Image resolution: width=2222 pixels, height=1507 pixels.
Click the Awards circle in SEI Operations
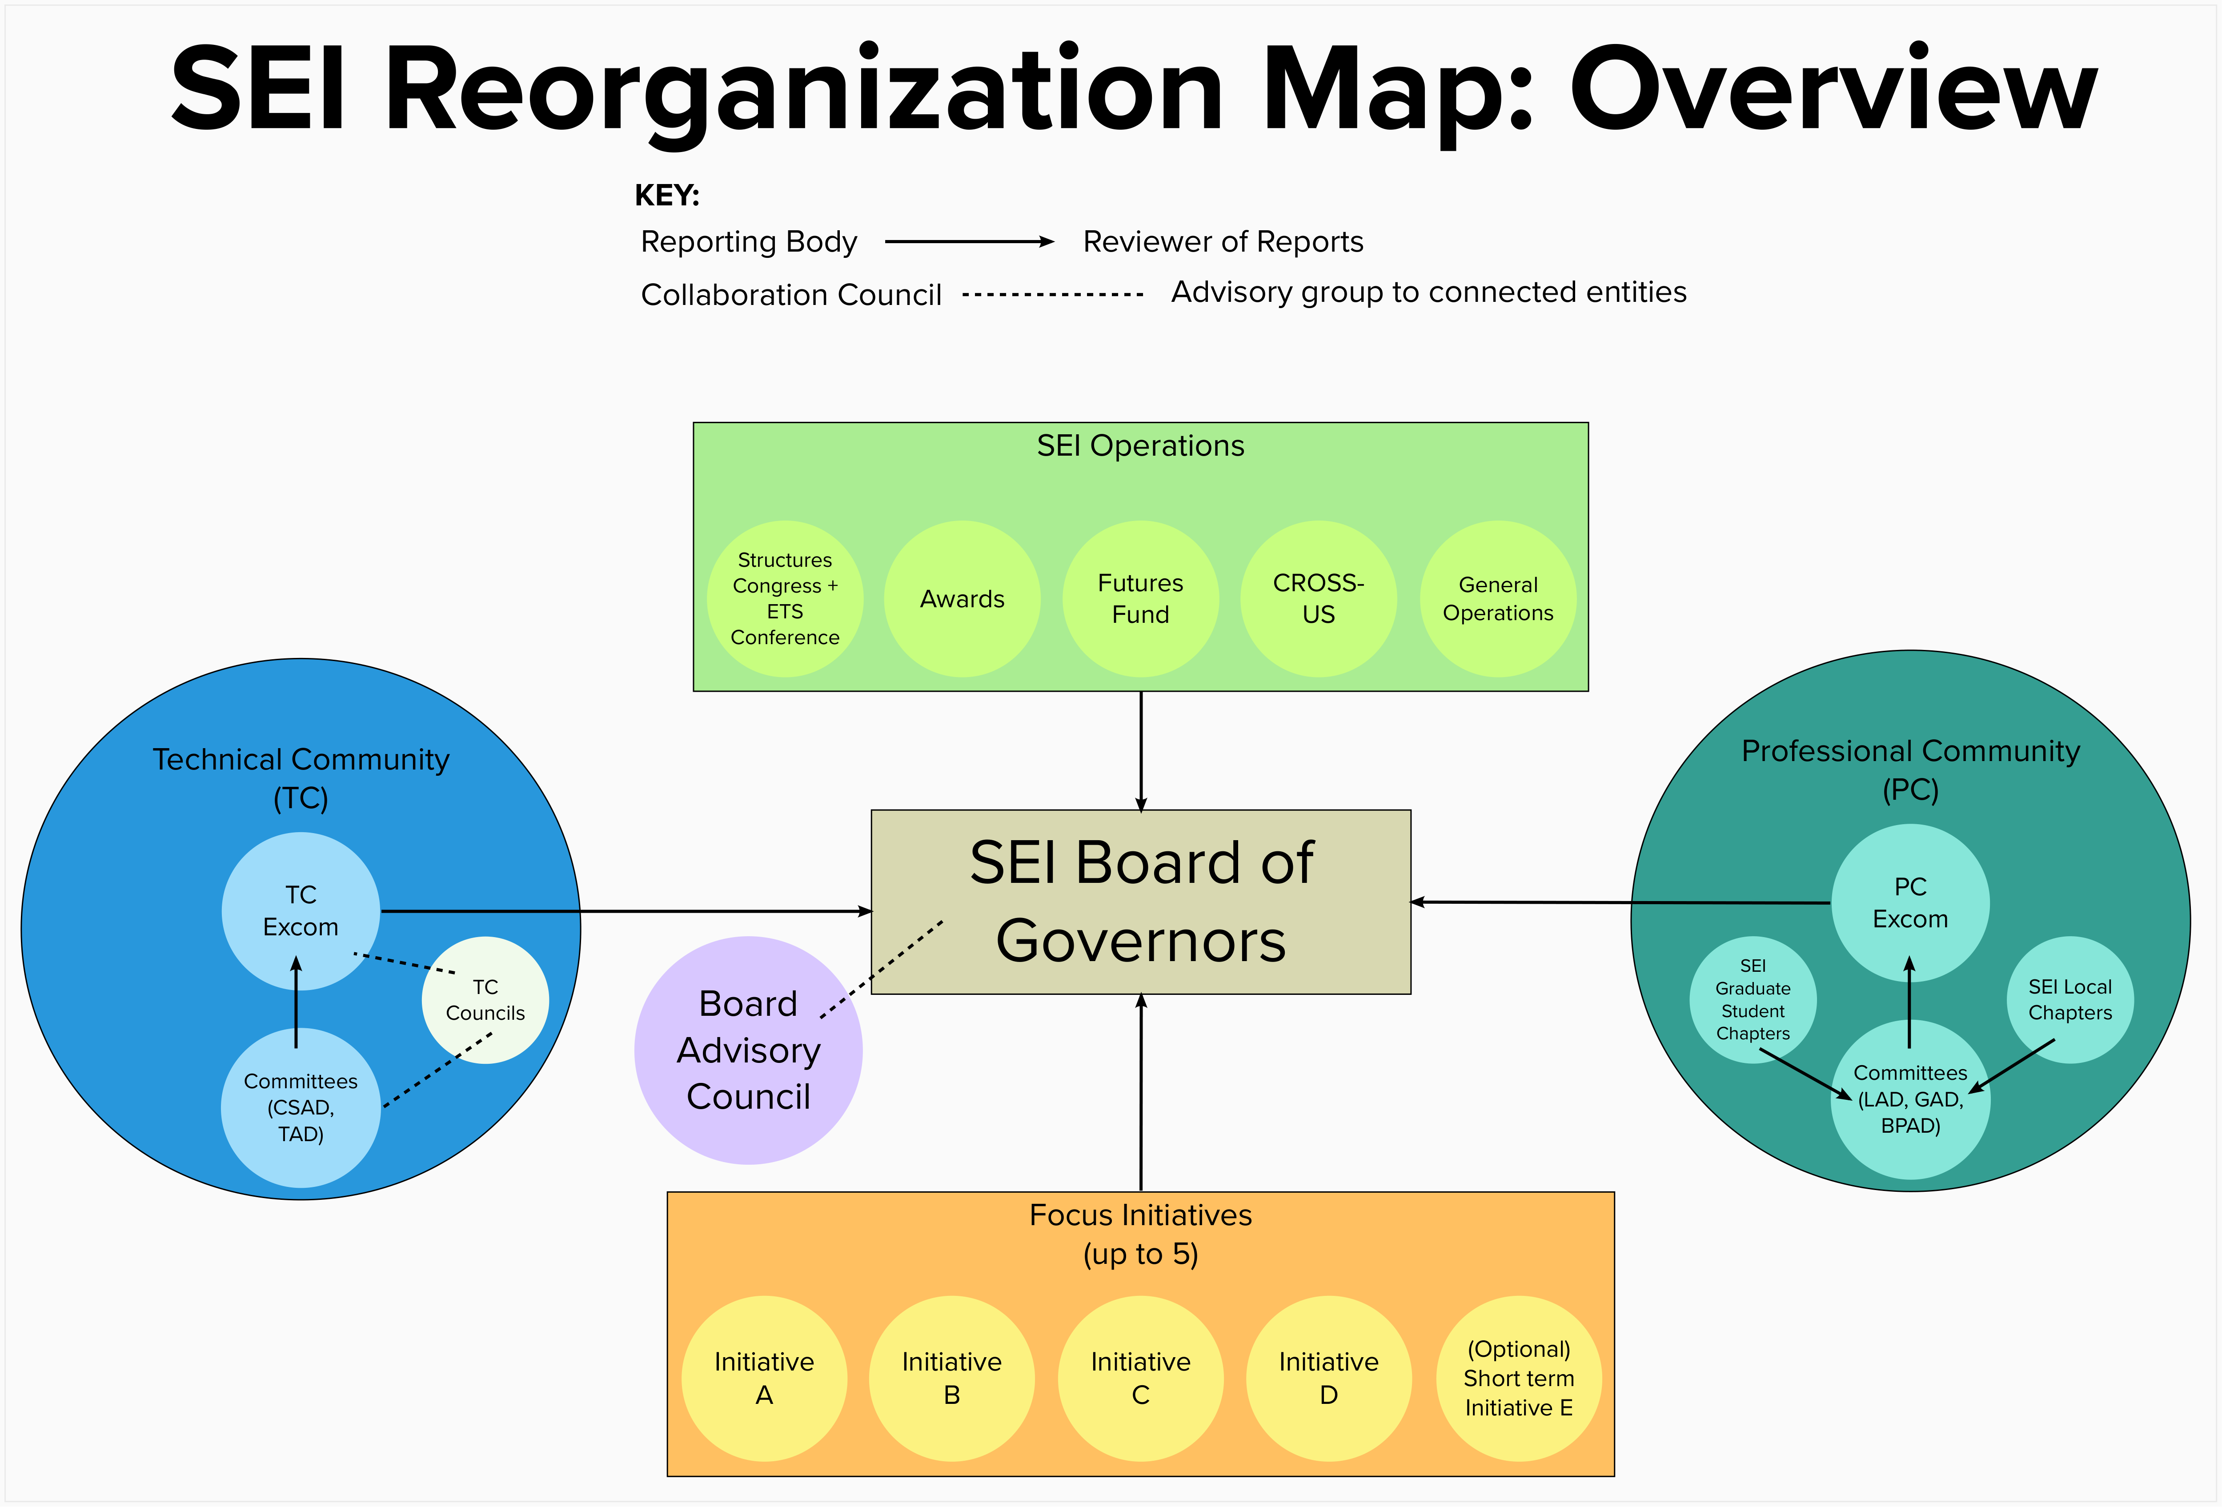pyautogui.click(x=962, y=599)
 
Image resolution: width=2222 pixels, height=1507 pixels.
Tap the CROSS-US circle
pyautogui.click(x=1319, y=599)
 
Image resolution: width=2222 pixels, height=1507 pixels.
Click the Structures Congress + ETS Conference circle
pyautogui.click(x=785, y=599)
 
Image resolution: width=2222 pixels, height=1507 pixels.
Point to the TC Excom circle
pyautogui.click(x=300, y=910)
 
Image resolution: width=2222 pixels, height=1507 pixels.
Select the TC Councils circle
pyautogui.click(x=486, y=1000)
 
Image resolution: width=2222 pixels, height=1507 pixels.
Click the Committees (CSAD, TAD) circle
pyautogui.click(x=300, y=1107)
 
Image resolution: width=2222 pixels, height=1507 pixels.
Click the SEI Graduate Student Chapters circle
pyautogui.click(x=1753, y=999)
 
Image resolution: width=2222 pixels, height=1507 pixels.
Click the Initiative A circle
pyautogui.click(x=764, y=1378)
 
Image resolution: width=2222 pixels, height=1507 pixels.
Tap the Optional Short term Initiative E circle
pyautogui.click(x=1518, y=1378)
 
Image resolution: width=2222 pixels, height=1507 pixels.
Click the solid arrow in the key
pyautogui.click(x=969, y=242)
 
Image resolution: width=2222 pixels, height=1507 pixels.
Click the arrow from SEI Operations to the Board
pyautogui.click(x=1141, y=751)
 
